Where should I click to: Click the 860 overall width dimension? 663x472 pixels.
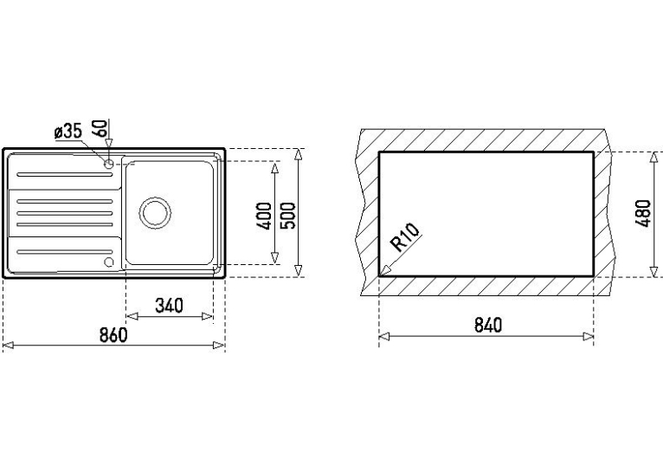pyautogui.click(x=113, y=335)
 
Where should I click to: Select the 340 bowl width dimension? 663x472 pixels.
pyautogui.click(x=169, y=306)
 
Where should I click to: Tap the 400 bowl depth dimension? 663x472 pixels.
pyautogui.click(x=265, y=217)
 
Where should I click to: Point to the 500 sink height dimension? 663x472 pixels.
pyautogui.click(x=289, y=217)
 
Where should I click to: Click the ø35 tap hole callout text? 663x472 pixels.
pyautogui.click(x=68, y=132)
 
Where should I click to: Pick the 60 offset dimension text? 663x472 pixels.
pyautogui.click(x=100, y=127)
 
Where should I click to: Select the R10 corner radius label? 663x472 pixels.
pyautogui.click(x=405, y=237)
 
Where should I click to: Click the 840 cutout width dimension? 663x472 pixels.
pyautogui.click(x=488, y=325)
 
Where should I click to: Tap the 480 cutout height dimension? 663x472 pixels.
pyautogui.click(x=644, y=213)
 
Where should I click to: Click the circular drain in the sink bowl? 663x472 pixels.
pyautogui.click(x=155, y=212)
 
